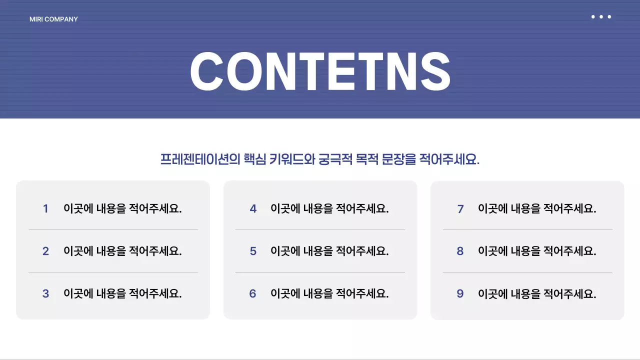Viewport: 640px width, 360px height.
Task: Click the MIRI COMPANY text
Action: click(53, 19)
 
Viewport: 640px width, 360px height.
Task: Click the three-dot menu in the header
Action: click(601, 17)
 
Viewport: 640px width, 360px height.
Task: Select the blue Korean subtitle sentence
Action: click(320, 159)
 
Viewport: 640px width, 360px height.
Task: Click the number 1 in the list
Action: click(45, 209)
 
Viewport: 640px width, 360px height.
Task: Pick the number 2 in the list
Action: click(45, 251)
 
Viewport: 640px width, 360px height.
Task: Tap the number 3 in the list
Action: click(45, 294)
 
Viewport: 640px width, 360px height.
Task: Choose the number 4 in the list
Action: click(253, 209)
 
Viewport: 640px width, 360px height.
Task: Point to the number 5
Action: click(253, 251)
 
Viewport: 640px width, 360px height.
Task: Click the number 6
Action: click(253, 294)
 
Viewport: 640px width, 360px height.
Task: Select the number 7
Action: click(460, 209)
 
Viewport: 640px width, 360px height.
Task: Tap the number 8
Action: click(460, 251)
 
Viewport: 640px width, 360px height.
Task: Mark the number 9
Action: click(460, 294)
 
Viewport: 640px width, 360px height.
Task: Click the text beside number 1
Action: click(122, 208)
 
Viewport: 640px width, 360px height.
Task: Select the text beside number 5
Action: click(329, 251)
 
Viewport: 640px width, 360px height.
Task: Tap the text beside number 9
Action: click(537, 294)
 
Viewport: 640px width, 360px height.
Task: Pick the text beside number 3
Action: click(122, 294)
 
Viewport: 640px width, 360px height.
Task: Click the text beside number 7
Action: click(537, 208)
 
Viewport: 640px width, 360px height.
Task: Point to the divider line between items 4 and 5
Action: click(320, 230)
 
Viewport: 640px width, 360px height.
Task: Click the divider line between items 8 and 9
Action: click(527, 272)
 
